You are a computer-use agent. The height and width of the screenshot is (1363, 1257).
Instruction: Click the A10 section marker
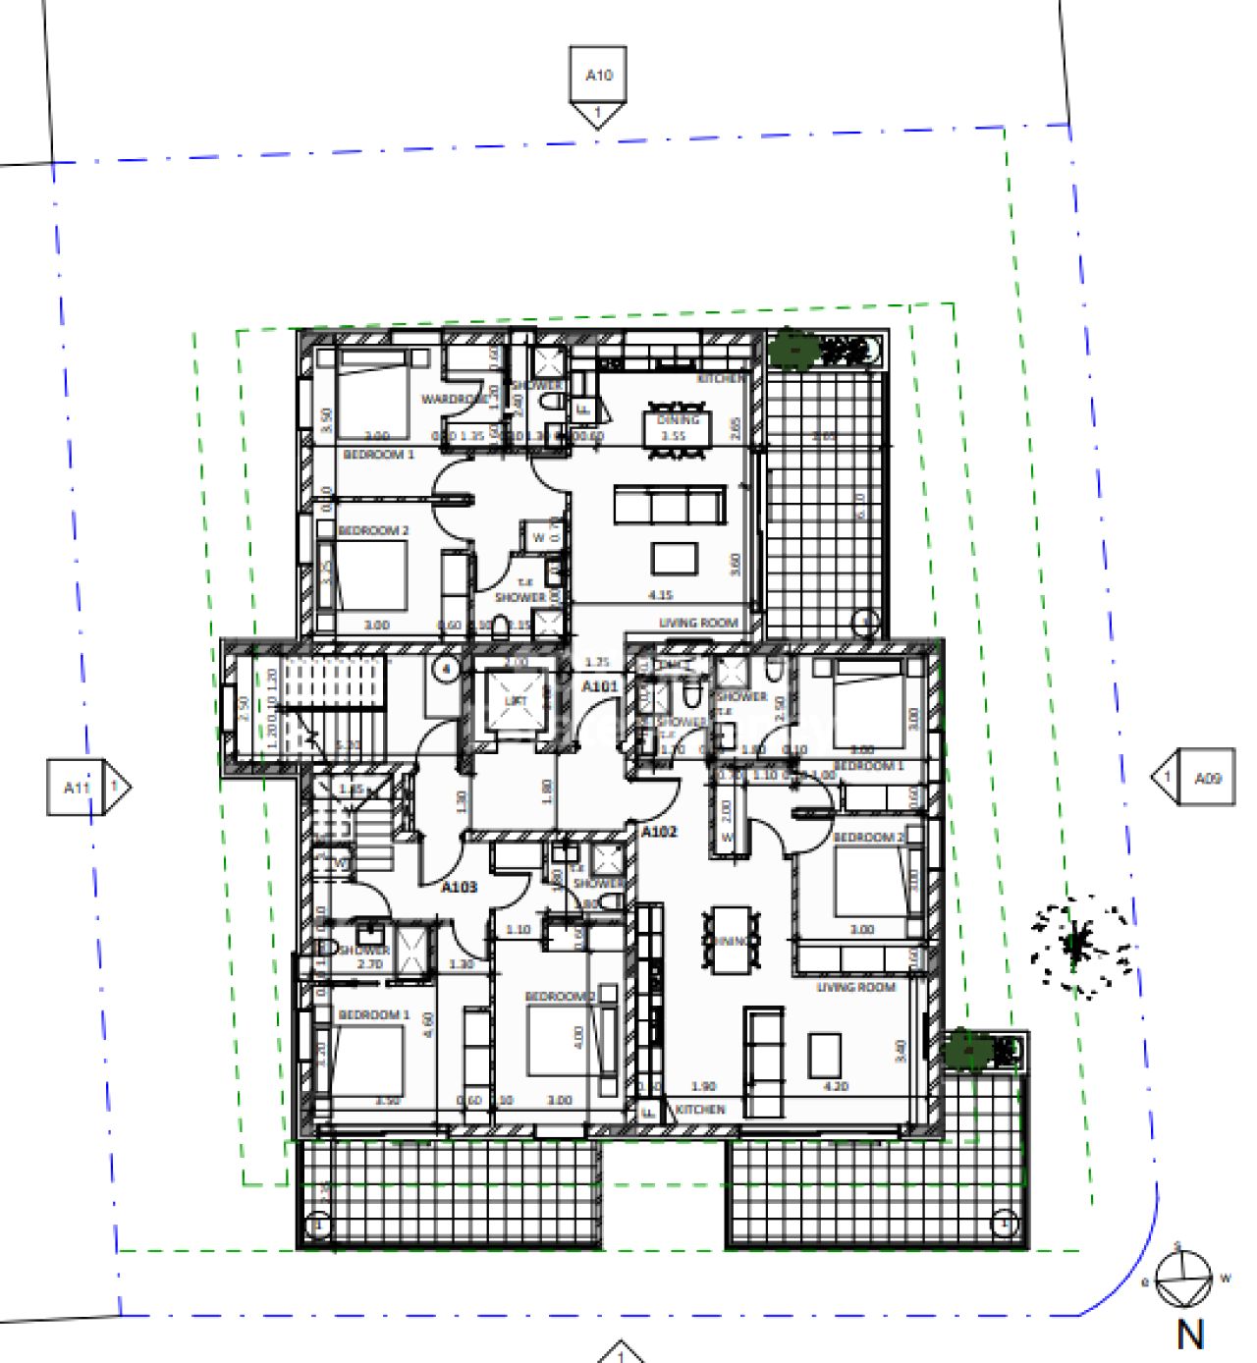[598, 76]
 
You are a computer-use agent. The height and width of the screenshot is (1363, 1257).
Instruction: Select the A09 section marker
[1207, 778]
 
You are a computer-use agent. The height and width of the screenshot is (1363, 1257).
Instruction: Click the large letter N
[1189, 1335]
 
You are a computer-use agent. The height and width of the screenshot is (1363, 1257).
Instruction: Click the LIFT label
[517, 700]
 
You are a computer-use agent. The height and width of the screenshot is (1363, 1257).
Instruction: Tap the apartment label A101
[599, 686]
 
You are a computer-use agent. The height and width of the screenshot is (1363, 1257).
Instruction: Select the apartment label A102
[660, 832]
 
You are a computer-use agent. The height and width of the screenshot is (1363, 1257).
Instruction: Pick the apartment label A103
[459, 887]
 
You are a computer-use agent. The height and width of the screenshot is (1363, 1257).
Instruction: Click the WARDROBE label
[453, 399]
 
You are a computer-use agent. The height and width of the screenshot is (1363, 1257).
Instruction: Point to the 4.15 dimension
[659, 594]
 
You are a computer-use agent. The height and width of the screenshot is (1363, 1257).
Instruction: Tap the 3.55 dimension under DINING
[672, 435]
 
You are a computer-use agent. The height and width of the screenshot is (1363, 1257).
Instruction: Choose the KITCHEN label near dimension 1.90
[700, 1109]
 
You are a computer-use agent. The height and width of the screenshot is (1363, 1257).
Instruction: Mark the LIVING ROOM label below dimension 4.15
[697, 622]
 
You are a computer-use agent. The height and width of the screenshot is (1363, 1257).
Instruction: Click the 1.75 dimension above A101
[597, 663]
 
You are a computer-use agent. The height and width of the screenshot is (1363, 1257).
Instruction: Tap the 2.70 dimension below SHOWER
[369, 964]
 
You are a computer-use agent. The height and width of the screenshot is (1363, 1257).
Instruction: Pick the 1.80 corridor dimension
[547, 789]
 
